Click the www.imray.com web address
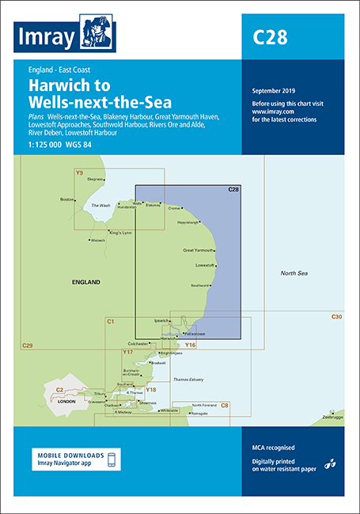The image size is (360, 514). pyautogui.click(x=268, y=112)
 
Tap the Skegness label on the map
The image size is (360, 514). pyautogui.click(x=96, y=180)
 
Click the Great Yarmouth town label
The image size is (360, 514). pyautogui.click(x=199, y=251)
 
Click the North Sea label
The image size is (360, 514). pyautogui.click(x=294, y=274)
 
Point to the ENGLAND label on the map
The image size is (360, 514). pyautogui.click(x=85, y=282)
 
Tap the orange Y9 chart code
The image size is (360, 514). pyautogui.click(x=79, y=172)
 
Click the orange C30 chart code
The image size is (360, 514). pyautogui.click(x=336, y=317)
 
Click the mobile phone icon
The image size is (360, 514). pyautogui.click(x=112, y=460)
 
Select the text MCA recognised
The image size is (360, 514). pyautogui.click(x=268, y=448)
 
